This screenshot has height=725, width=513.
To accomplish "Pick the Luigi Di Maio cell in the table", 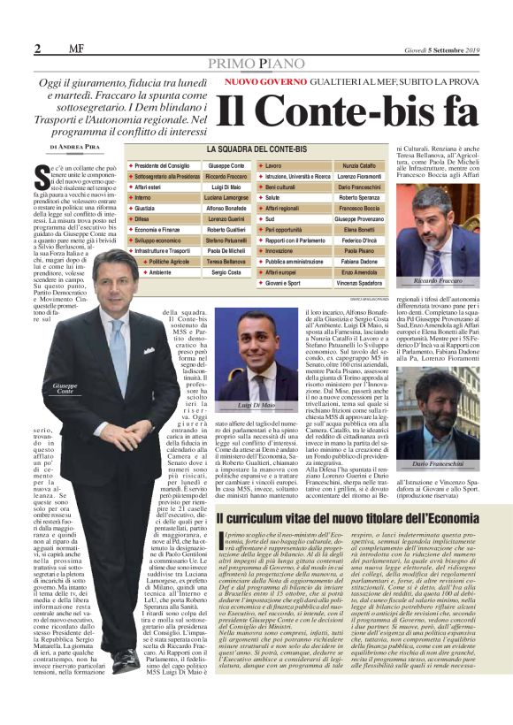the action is pos(227,187).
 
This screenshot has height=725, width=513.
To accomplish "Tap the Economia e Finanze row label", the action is pos(163,229).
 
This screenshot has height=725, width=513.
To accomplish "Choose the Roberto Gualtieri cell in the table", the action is pos(227,229).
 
